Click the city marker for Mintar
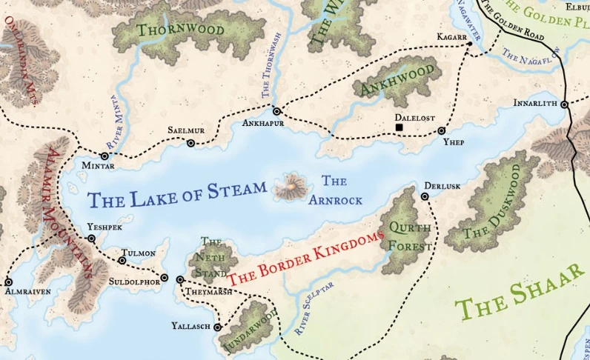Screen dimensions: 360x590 (105, 156)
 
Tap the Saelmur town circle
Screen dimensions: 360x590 (190, 143)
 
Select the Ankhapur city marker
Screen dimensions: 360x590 (276, 111)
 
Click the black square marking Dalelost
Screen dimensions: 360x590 (400, 128)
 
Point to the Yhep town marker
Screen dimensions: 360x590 (442, 130)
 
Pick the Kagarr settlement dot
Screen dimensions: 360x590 (469, 45)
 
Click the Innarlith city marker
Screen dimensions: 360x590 (564, 104)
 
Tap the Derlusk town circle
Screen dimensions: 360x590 (425, 196)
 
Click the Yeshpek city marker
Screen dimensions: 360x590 (91, 239)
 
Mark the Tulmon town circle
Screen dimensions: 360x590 (122, 260)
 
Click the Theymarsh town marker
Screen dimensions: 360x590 (180, 279)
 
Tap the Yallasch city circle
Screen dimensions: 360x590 (217, 327)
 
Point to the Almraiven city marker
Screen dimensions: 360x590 (8, 281)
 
